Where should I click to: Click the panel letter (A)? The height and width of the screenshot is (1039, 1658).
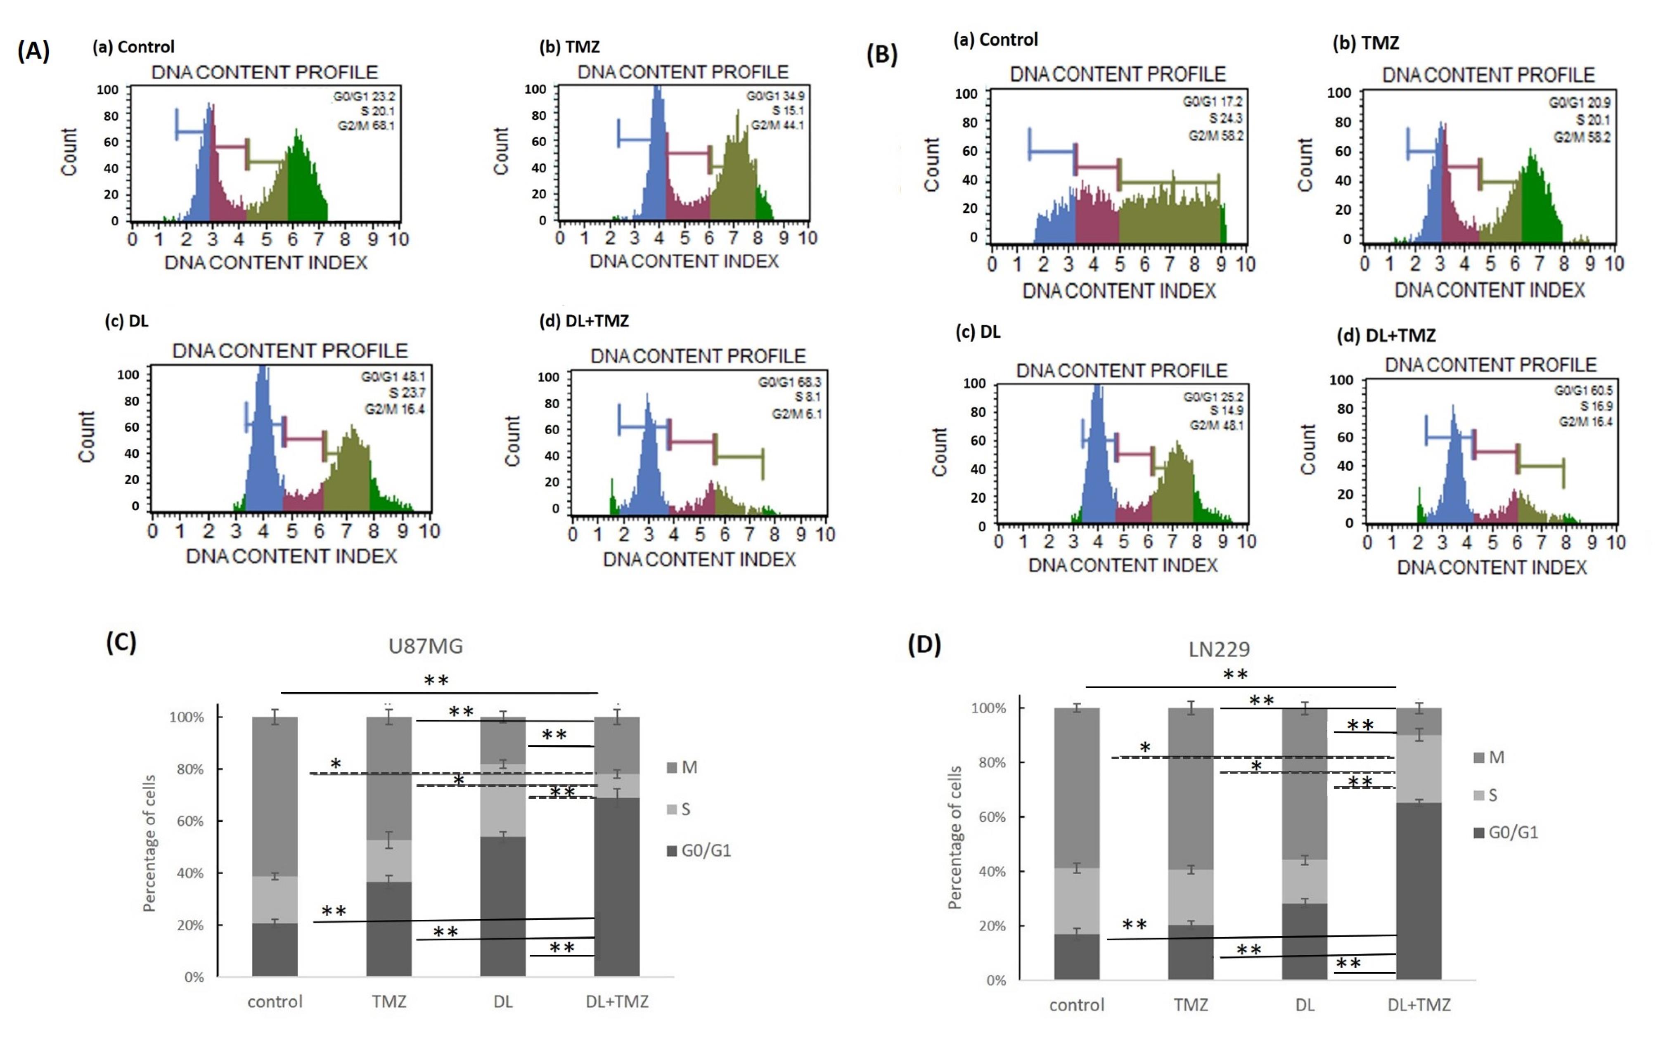point(33,52)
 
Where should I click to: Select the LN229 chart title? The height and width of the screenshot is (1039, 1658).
point(1219,648)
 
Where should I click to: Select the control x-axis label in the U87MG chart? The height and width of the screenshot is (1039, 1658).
point(275,1001)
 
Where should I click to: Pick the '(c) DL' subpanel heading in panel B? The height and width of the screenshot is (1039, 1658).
point(977,332)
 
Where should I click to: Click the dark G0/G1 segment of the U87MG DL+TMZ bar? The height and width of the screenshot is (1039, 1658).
point(616,886)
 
